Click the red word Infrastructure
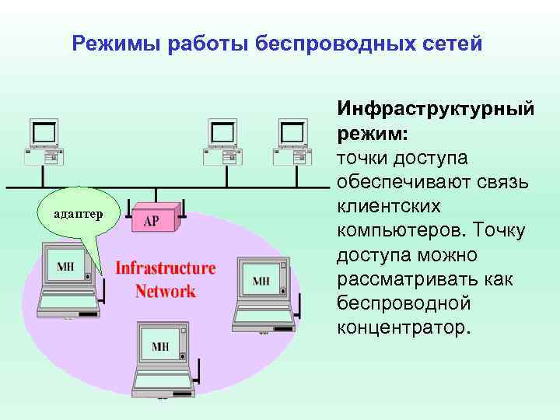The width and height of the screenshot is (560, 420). coord(165,269)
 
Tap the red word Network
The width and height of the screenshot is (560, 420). coord(165,292)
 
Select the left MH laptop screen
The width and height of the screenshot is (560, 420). coord(67,267)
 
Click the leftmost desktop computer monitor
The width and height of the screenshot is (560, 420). coord(44,133)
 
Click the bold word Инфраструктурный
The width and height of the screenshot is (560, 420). coord(436,110)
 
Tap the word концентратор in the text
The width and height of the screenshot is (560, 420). coord(404,326)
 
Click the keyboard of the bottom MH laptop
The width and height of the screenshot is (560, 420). coord(161,383)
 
